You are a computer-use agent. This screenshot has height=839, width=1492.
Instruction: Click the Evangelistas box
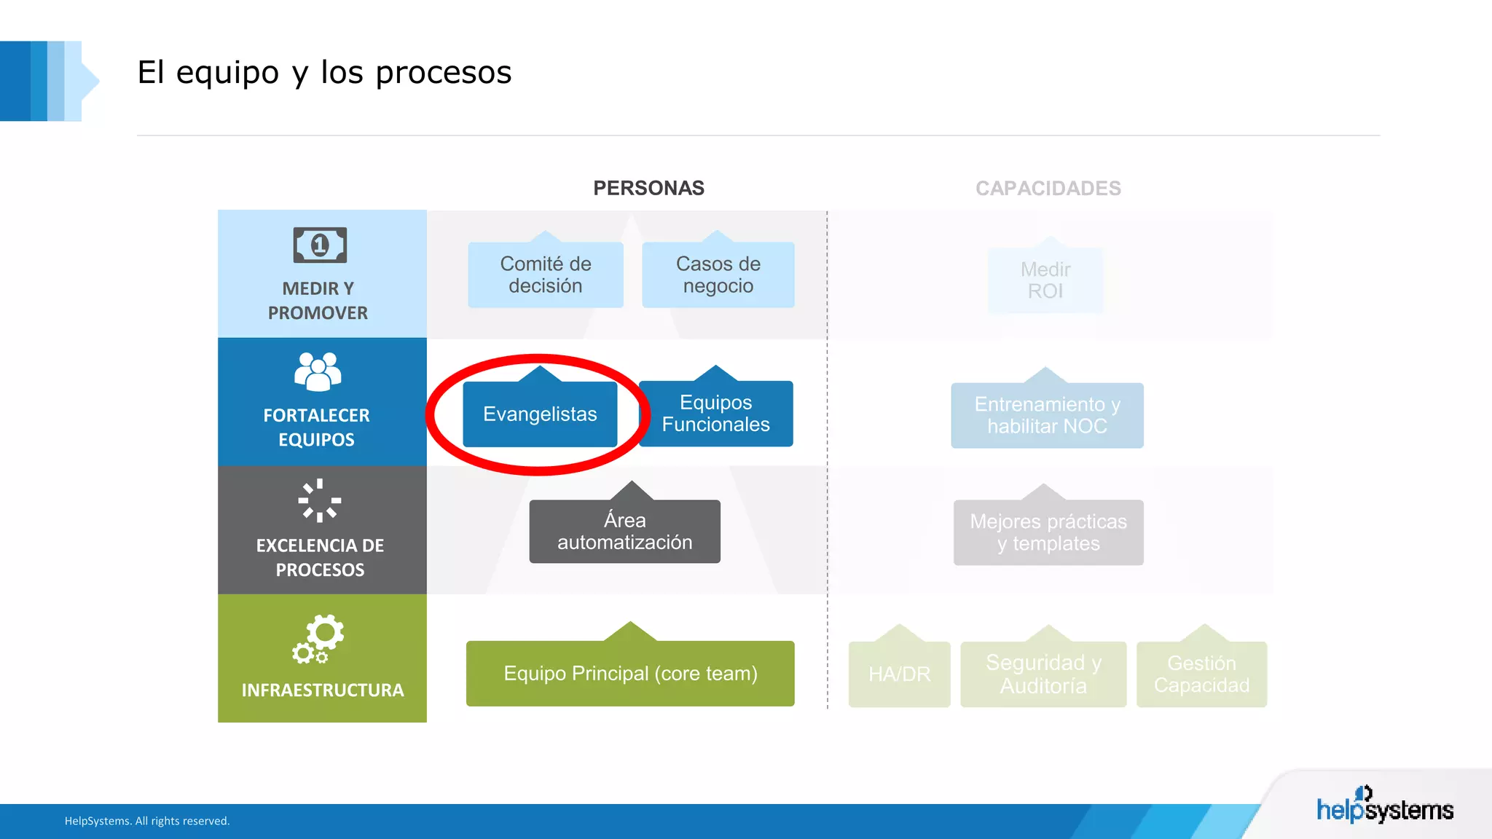[x=540, y=414]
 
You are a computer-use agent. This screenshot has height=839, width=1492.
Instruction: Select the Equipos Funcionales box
[x=715, y=414]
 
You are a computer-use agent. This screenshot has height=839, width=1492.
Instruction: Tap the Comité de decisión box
[x=545, y=275]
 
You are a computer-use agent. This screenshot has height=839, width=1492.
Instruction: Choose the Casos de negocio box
[x=718, y=275]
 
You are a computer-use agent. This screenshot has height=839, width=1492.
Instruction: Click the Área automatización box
[x=624, y=531]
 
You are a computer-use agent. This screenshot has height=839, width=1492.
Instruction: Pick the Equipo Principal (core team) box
[x=630, y=674]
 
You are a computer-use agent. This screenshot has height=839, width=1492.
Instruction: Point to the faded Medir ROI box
[x=1045, y=280]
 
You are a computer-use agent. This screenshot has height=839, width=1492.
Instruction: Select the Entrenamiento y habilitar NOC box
[x=1047, y=415]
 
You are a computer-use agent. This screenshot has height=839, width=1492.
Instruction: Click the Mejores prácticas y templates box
[x=1048, y=532]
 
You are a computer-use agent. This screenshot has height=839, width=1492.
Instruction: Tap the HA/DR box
[x=899, y=674]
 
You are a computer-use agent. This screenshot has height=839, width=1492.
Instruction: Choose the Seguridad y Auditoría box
[x=1043, y=674]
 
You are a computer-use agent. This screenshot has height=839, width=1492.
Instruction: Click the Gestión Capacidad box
[x=1201, y=674]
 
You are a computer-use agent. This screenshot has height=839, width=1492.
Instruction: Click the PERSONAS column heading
[x=648, y=188]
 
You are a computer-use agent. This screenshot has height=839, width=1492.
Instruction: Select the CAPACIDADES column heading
[x=1048, y=188]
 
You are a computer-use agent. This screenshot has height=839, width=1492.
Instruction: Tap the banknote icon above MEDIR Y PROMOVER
[x=320, y=245]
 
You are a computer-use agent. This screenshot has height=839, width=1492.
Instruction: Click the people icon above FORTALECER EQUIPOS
[x=318, y=371]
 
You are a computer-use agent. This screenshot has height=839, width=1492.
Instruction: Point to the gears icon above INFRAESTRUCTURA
[x=318, y=639]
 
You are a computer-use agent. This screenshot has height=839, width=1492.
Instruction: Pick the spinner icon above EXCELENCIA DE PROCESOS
[x=319, y=500]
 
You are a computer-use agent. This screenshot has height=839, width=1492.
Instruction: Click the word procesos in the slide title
[x=444, y=72]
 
